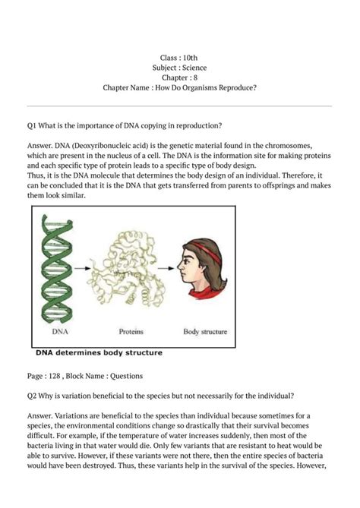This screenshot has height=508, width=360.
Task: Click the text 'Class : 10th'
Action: click(180, 58)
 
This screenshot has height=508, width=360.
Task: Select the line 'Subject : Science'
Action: click(180, 68)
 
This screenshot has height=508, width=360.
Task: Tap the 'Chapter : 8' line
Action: click(180, 77)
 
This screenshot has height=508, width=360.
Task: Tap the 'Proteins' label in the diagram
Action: click(133, 331)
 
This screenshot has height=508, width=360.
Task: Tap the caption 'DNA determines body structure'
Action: click(96, 352)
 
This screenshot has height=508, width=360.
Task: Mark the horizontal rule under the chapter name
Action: click(180, 106)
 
